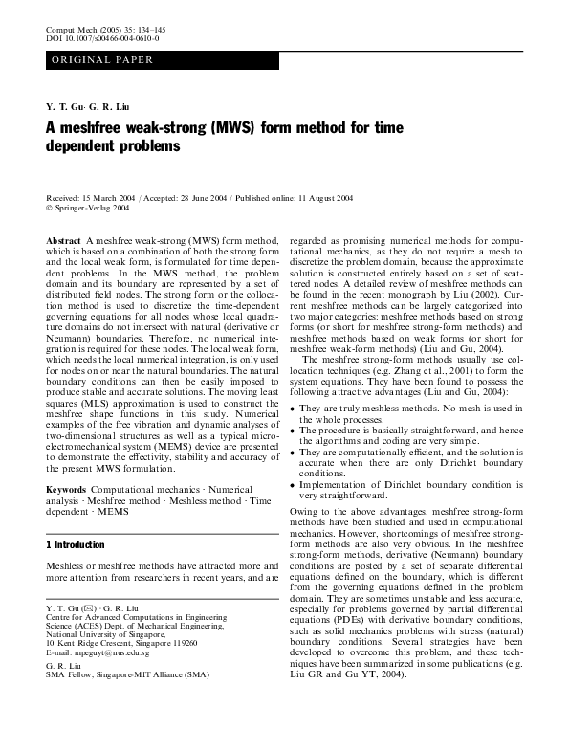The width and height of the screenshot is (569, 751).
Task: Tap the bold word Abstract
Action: (63, 238)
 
